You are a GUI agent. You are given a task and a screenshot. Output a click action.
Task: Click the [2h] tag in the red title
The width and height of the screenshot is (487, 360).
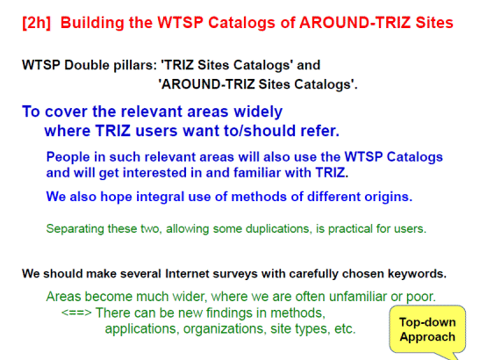[x=36, y=23]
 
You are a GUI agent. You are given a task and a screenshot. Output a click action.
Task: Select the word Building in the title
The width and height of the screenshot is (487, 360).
[x=91, y=23]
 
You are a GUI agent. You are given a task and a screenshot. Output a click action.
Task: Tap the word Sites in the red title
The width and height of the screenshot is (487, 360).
[x=434, y=23]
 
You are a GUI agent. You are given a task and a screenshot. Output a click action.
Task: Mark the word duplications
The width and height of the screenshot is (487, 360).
[x=279, y=229]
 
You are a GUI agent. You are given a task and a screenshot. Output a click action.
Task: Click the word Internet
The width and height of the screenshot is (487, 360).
[x=187, y=274]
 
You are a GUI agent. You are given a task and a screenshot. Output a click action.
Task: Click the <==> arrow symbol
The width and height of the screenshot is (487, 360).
[x=76, y=312]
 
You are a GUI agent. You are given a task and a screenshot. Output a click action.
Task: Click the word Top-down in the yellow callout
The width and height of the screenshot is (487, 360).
[x=427, y=322]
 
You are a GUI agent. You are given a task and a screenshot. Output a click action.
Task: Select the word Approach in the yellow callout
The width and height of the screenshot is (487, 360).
[x=427, y=336]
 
